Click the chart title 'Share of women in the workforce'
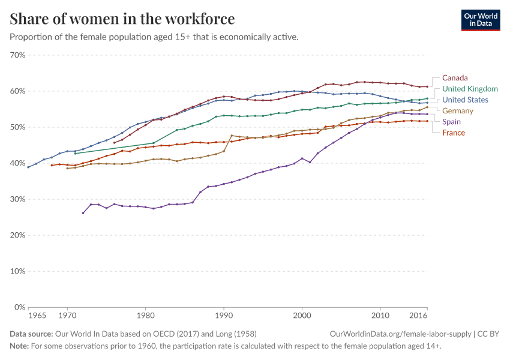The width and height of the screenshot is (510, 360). [x=122, y=19]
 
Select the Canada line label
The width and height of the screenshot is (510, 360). [x=455, y=78]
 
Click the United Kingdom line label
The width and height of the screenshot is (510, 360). [x=470, y=89]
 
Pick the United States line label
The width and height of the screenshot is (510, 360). [x=465, y=100]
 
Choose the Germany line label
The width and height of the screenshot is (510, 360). [x=458, y=110]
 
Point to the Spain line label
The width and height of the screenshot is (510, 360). [x=451, y=121]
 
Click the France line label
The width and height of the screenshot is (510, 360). [x=453, y=133]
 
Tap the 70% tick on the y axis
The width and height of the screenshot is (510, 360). [x=17, y=55]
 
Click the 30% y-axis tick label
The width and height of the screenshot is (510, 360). [x=17, y=199]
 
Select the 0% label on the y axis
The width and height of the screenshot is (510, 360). [x=19, y=307]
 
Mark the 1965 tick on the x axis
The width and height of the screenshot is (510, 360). [x=37, y=315]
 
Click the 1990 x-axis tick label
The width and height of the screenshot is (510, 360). [x=224, y=315]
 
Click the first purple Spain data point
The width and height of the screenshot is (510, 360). [x=83, y=213]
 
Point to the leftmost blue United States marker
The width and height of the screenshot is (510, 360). [x=28, y=167]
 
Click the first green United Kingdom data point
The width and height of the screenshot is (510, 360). [x=75, y=154]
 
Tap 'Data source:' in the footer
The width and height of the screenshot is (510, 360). [x=31, y=334]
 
